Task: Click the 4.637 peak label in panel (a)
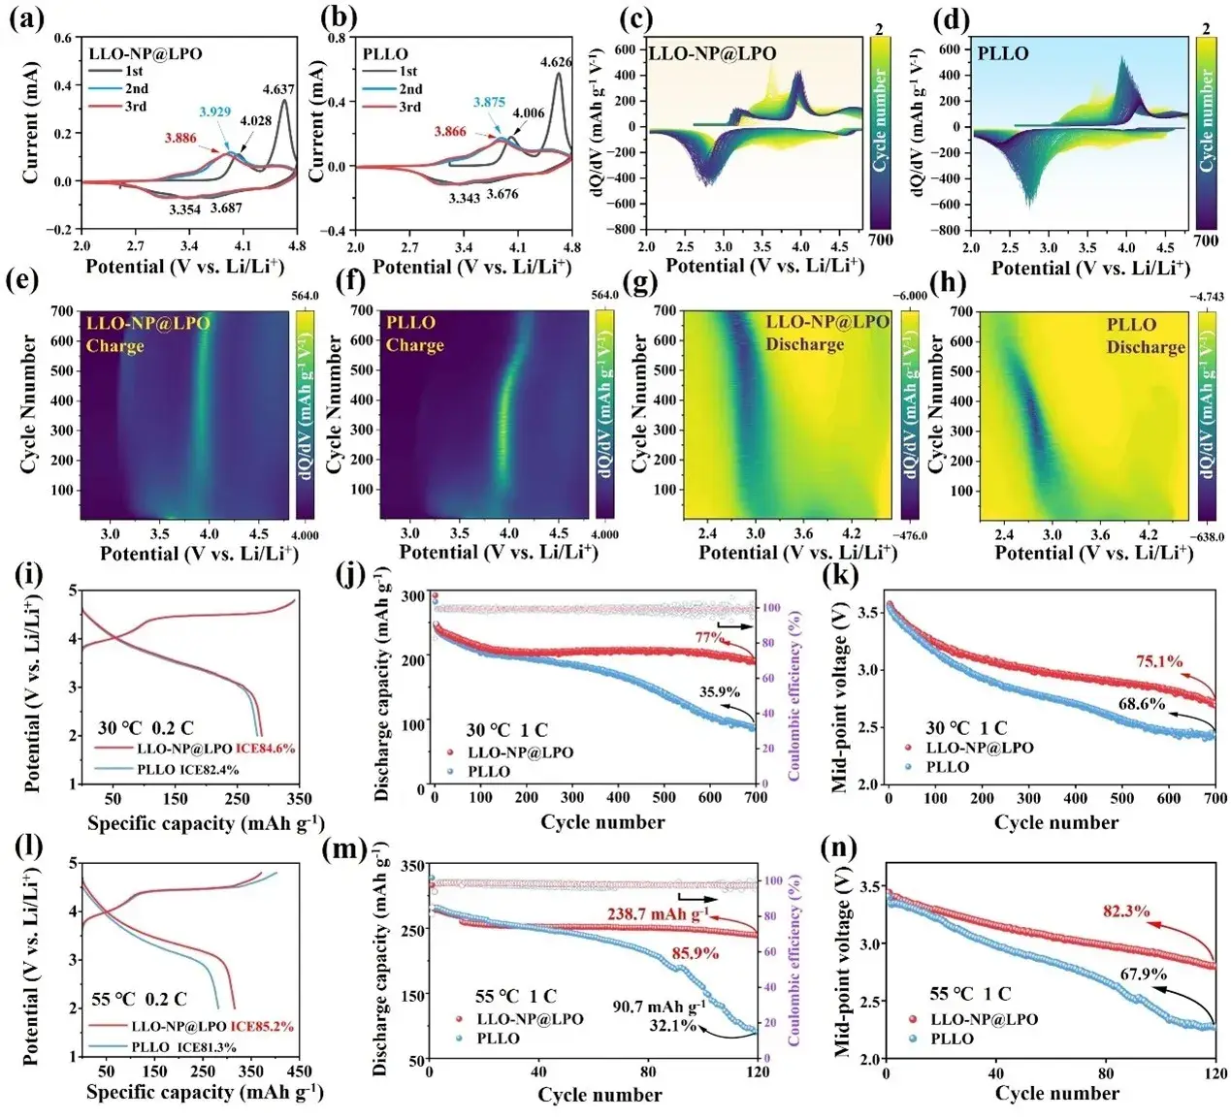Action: [x=278, y=90]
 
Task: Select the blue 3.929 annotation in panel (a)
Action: [x=214, y=112]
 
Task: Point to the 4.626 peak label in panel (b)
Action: [x=556, y=62]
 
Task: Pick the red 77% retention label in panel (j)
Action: [x=709, y=637]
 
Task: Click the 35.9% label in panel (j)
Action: [x=719, y=692]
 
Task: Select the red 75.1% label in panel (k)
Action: [x=1159, y=661]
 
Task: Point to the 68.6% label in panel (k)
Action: [x=1142, y=704]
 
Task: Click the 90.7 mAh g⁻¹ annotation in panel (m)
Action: [x=659, y=1007]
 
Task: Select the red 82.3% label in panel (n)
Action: [x=1126, y=911]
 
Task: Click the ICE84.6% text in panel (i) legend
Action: [x=265, y=749]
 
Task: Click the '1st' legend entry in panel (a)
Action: [x=134, y=71]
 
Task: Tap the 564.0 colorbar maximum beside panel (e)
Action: [x=305, y=297]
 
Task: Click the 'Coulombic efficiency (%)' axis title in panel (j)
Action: [x=794, y=694]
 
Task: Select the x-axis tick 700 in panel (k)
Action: [x=1215, y=798]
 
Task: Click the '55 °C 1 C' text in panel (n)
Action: [x=970, y=994]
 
